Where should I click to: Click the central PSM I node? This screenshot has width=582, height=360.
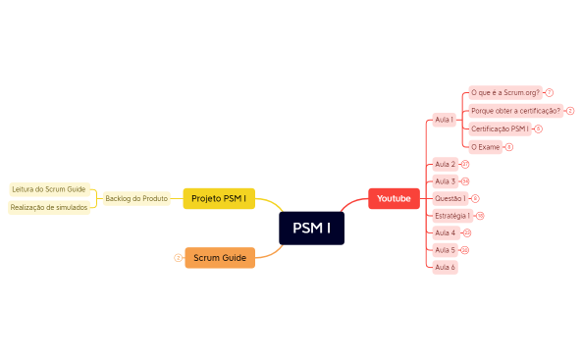[x=311, y=229]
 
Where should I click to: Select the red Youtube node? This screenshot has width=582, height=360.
[x=394, y=199]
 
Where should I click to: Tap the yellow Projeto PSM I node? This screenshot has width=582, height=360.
[x=219, y=198]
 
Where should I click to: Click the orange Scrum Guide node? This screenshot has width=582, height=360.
[x=219, y=257]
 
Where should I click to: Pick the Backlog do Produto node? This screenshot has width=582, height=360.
[x=136, y=198]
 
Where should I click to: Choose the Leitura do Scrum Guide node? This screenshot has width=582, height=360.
[x=49, y=188]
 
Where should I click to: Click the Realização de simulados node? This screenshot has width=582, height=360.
[x=49, y=207]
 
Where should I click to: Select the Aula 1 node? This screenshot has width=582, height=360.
[x=444, y=120]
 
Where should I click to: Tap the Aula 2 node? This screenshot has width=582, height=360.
[x=445, y=164]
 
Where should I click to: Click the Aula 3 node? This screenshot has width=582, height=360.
[x=445, y=181]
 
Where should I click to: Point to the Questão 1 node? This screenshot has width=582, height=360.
[x=450, y=198]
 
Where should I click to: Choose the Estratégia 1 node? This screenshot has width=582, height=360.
[x=452, y=215]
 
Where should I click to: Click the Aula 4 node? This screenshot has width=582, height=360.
[x=445, y=232]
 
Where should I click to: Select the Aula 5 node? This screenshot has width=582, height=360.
[x=445, y=250]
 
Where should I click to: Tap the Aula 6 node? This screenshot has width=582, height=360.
[x=445, y=267]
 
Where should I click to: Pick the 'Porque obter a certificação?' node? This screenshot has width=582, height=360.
[x=515, y=111]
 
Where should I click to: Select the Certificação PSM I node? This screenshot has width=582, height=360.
[x=500, y=129]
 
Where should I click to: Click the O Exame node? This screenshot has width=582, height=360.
[x=485, y=147]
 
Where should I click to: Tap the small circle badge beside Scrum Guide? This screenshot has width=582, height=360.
[x=178, y=258]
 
